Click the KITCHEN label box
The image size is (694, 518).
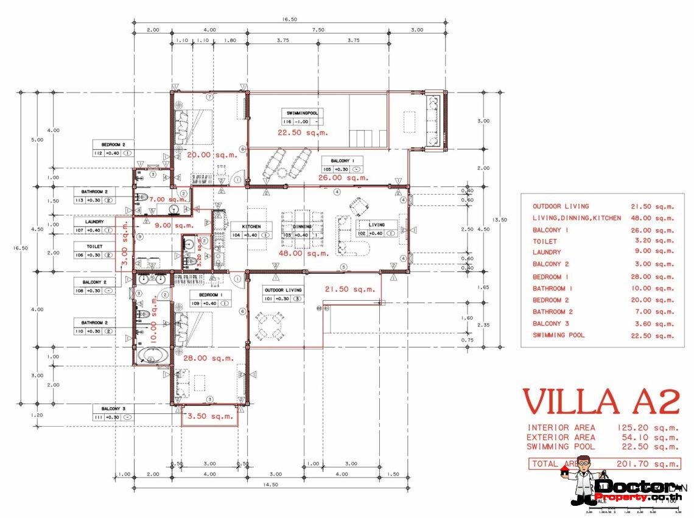[251, 230]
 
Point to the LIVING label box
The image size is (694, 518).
[376, 229]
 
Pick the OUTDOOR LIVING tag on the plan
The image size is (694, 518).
[283, 295]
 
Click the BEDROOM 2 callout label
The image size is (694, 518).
[113, 149]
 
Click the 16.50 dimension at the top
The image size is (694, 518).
[290, 19]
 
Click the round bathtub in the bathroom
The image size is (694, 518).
[149, 356]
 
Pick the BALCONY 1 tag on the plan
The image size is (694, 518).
[343, 165]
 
